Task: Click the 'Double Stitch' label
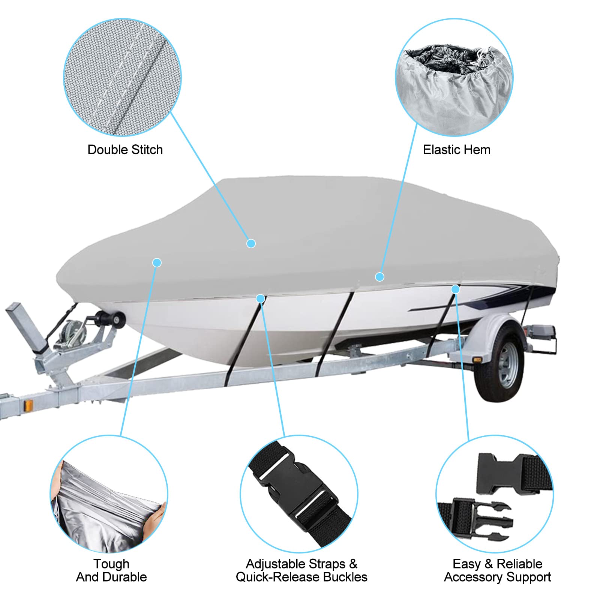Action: pyautogui.click(x=125, y=150)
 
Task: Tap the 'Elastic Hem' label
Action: pyautogui.click(x=456, y=150)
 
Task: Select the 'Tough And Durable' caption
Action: pyautogui.click(x=111, y=570)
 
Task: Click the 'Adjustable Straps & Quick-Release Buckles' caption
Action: pyautogui.click(x=301, y=570)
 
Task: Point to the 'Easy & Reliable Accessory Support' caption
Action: pyautogui.click(x=497, y=570)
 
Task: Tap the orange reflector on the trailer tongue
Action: pyautogui.click(x=28, y=405)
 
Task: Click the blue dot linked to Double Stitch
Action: pyautogui.click(x=251, y=243)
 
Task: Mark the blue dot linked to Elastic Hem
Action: pyautogui.click(x=379, y=277)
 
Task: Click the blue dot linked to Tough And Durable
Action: pyautogui.click(x=157, y=262)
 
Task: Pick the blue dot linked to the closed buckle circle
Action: pyautogui.click(x=260, y=299)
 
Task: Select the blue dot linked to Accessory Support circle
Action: pyautogui.click(x=455, y=289)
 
